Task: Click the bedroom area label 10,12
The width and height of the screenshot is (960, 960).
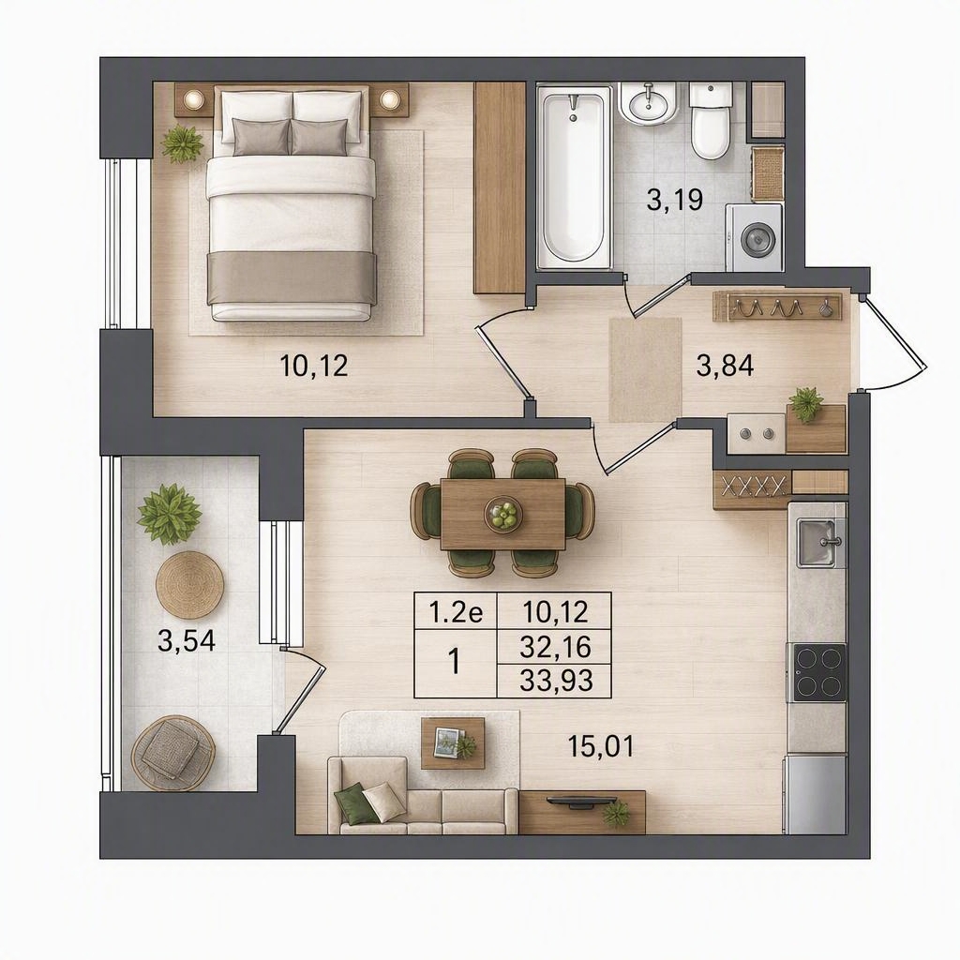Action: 313,367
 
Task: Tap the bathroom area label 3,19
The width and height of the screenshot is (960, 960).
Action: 675,200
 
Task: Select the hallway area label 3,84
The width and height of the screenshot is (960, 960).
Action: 725,366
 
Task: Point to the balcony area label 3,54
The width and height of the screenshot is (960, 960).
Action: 187,641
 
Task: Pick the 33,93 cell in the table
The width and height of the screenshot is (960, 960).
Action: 556,681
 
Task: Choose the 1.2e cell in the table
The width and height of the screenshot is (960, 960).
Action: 457,611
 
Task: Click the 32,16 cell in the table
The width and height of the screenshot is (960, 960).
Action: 556,647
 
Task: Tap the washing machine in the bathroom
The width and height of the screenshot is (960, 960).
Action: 754,237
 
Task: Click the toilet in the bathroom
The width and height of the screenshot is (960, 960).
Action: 711,121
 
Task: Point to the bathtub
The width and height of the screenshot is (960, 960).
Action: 575,177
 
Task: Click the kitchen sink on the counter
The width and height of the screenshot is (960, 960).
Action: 821,542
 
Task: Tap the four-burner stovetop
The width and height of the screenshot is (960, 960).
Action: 819,672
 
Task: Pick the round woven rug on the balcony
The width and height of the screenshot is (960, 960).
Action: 189,586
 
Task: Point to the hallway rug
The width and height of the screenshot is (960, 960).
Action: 645,369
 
